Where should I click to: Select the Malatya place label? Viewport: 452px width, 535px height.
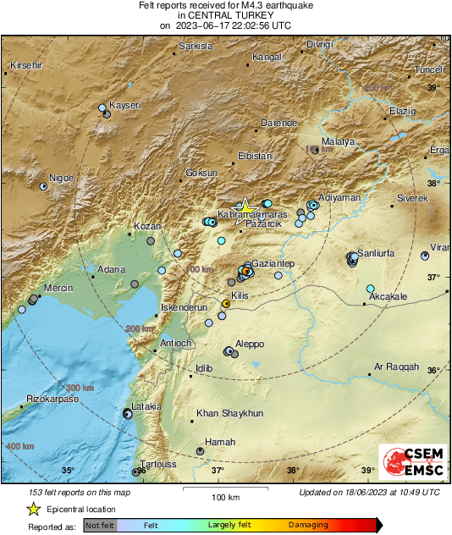click(338, 142)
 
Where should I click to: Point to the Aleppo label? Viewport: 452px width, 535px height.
click(250, 344)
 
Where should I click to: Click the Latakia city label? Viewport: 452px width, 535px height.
click(146, 406)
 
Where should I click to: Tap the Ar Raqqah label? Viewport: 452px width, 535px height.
click(396, 367)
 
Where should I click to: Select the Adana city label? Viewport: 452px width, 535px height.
click(112, 269)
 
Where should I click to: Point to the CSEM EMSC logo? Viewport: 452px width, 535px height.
click(409, 464)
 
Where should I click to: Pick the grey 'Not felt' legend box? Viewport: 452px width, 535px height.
click(101, 525)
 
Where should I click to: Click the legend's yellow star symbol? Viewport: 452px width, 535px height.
click(34, 509)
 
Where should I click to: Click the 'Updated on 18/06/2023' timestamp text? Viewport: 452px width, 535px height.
click(369, 492)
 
